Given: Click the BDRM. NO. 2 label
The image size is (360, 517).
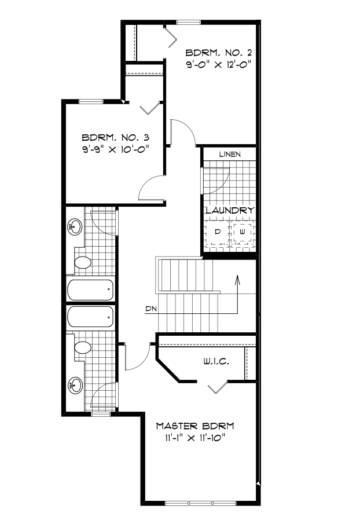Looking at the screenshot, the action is click(219, 53).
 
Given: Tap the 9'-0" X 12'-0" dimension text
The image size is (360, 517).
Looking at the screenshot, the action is click(219, 65).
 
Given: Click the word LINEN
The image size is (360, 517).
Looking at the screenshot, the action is click(230, 154).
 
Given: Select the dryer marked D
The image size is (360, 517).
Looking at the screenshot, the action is click(217, 233).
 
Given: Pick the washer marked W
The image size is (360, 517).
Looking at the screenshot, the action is click(243, 233).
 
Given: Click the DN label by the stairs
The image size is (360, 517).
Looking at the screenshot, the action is click(151, 309).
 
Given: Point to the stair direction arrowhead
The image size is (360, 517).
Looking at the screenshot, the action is click(237, 278).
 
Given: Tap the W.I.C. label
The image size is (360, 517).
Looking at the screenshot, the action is click(216, 362).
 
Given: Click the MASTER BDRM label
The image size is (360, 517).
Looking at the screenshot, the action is click(195, 426).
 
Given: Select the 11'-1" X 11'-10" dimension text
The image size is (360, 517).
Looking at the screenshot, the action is click(195, 438).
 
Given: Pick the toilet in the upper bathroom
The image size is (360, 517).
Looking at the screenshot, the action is click(82, 263).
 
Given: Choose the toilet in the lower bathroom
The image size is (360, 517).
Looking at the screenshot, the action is click(82, 347).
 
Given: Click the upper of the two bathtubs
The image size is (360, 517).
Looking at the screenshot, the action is click(90, 289).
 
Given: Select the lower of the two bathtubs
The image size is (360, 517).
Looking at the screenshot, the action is click(90, 317).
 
